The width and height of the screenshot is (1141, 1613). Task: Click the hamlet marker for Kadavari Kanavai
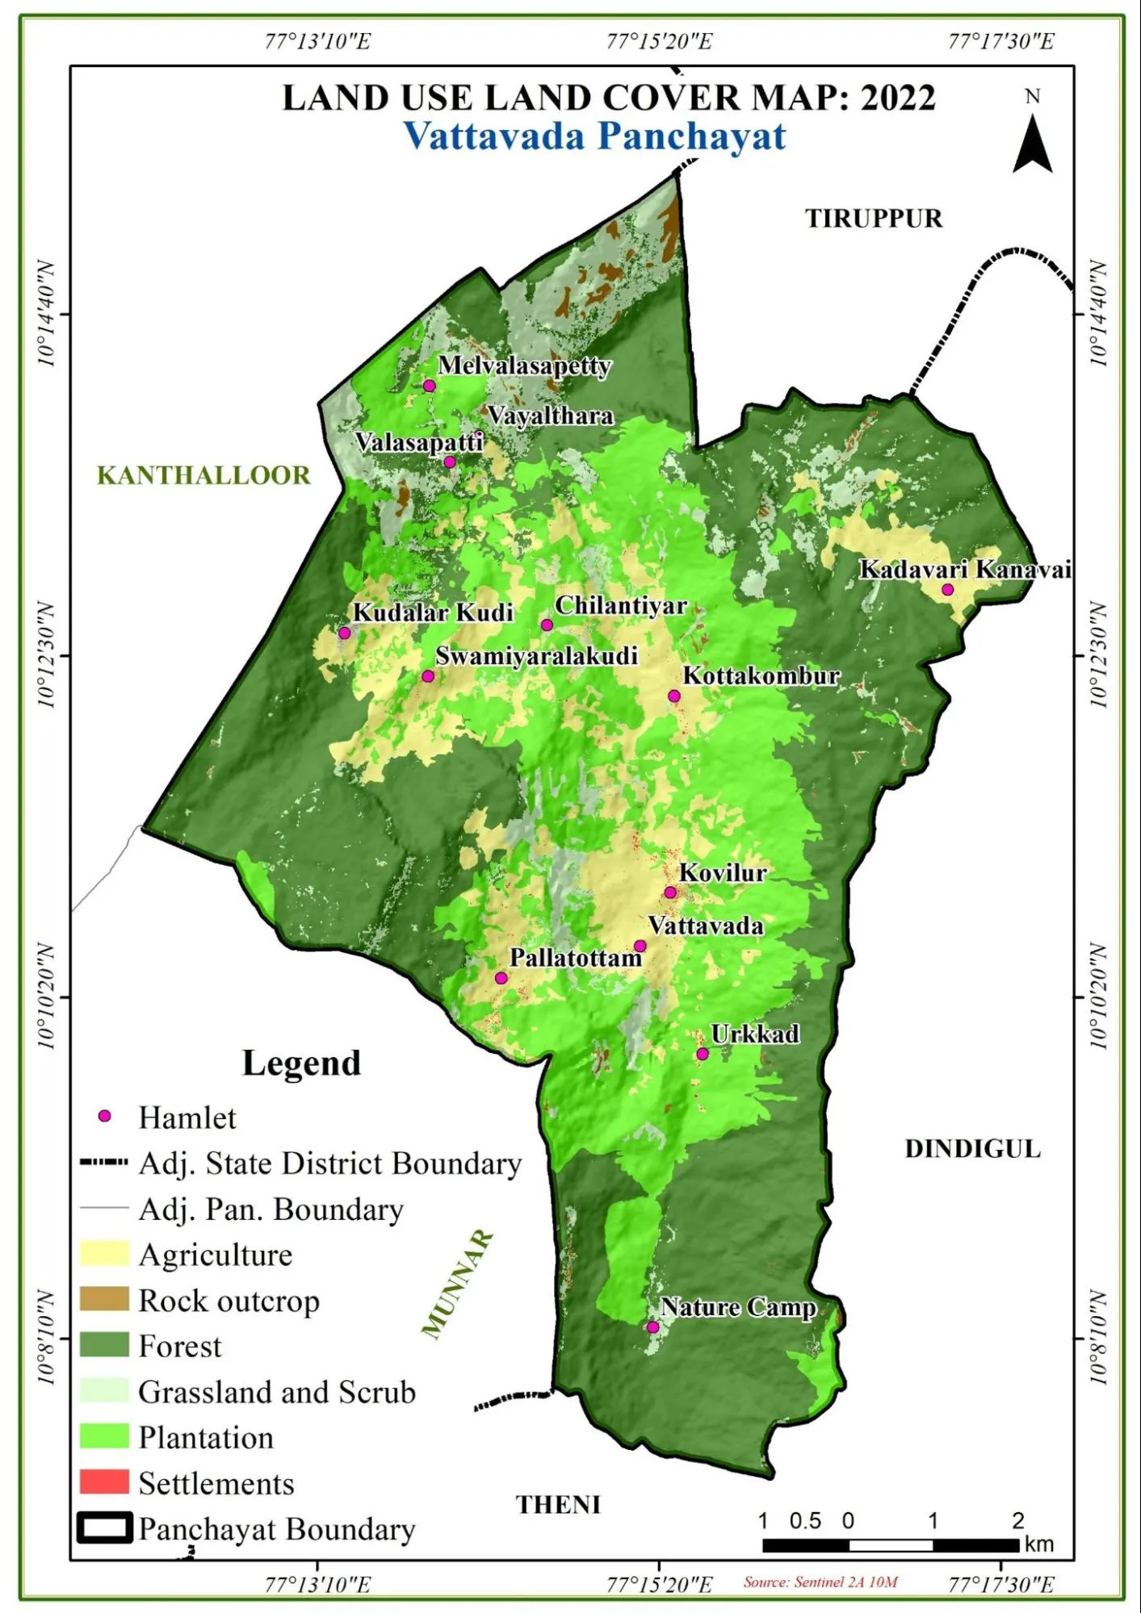[x=947, y=590]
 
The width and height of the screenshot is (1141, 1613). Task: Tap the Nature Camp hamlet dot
[x=652, y=1327]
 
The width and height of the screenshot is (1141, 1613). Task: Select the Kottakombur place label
[x=761, y=675]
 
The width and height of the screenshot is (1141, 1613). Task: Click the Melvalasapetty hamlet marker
[x=430, y=386]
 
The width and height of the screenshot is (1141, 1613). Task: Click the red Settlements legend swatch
[x=104, y=1481]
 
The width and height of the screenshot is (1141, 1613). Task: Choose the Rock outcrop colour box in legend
[x=104, y=1299]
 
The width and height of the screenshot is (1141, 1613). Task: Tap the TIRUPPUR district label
[x=874, y=219]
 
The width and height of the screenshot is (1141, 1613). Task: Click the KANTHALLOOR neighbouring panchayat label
[x=203, y=475]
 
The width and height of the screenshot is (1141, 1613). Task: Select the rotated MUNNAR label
[x=457, y=1283]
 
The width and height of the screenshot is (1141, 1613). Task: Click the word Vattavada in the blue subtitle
[x=493, y=136]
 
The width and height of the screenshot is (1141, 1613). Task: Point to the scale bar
[x=891, y=1544]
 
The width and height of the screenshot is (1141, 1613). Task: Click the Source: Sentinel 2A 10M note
[x=820, y=1582]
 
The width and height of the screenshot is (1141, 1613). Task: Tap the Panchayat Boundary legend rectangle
[x=104, y=1528]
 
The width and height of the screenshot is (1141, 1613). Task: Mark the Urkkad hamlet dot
[x=703, y=1054]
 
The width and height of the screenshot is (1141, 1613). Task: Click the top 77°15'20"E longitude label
[x=659, y=41]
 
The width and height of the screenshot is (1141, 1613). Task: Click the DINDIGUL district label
[x=972, y=1149]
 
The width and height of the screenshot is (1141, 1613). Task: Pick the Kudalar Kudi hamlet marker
[x=345, y=633]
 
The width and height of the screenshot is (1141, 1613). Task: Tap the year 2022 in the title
[x=897, y=98]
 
